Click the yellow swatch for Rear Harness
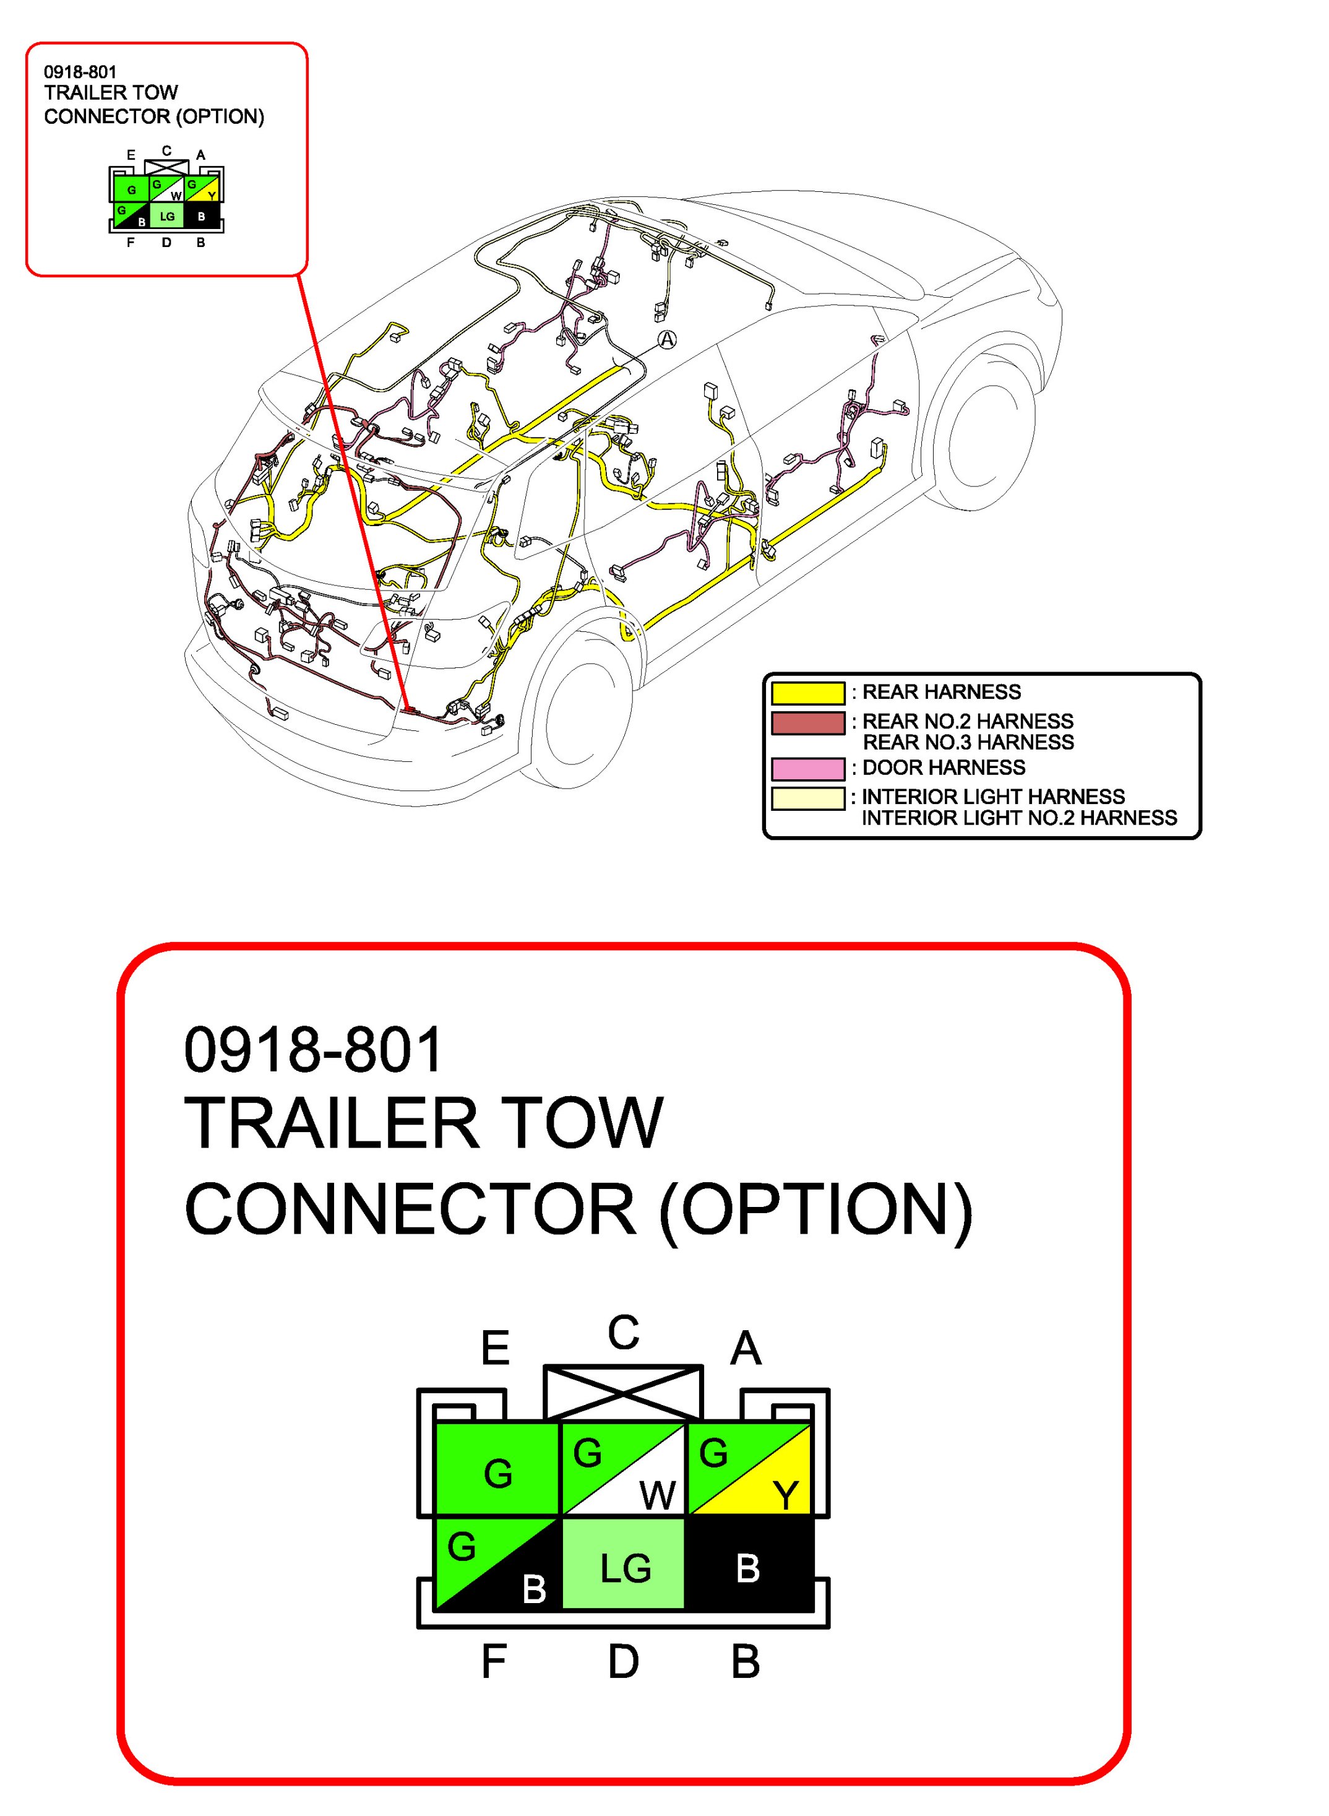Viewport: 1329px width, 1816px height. click(807, 693)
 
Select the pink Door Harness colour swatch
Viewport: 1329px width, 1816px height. click(807, 768)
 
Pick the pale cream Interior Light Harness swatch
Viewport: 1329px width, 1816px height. click(807, 798)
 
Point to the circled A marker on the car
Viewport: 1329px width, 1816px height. click(667, 340)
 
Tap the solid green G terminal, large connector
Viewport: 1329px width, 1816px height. click(497, 1469)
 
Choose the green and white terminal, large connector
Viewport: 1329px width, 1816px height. click(624, 1469)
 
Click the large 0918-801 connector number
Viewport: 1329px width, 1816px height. click(313, 1049)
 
